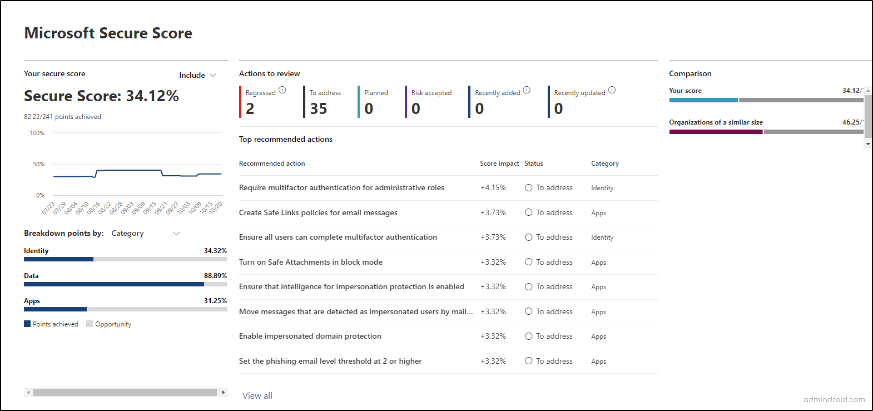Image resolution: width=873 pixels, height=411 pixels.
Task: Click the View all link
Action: tap(257, 395)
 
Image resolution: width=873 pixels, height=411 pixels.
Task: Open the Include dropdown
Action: tap(197, 75)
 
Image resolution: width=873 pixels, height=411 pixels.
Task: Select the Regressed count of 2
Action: tap(250, 108)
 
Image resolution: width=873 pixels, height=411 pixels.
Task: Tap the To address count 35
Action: tap(319, 108)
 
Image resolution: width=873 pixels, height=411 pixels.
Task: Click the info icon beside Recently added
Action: tap(527, 90)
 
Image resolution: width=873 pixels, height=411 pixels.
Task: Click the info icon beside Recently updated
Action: tap(612, 90)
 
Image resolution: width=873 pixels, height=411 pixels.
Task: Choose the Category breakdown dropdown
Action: tap(145, 234)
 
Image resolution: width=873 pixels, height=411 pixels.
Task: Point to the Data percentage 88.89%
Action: tap(215, 276)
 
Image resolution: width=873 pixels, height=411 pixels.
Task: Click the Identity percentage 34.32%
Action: tap(215, 251)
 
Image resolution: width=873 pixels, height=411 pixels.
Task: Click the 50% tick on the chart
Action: tap(38, 164)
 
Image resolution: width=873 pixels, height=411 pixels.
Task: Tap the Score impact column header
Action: tap(499, 164)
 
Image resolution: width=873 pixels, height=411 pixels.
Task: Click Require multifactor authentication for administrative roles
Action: tap(341, 188)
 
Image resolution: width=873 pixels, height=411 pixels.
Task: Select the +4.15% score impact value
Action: tap(493, 188)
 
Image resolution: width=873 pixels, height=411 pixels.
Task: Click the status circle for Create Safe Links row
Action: tap(529, 212)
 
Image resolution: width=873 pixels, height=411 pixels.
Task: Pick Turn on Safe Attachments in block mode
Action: tap(311, 262)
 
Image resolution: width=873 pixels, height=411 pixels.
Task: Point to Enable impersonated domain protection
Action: tap(310, 336)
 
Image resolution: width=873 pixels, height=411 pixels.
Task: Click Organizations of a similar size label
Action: tap(716, 122)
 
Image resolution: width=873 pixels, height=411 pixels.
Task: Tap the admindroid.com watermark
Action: tap(834, 399)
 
